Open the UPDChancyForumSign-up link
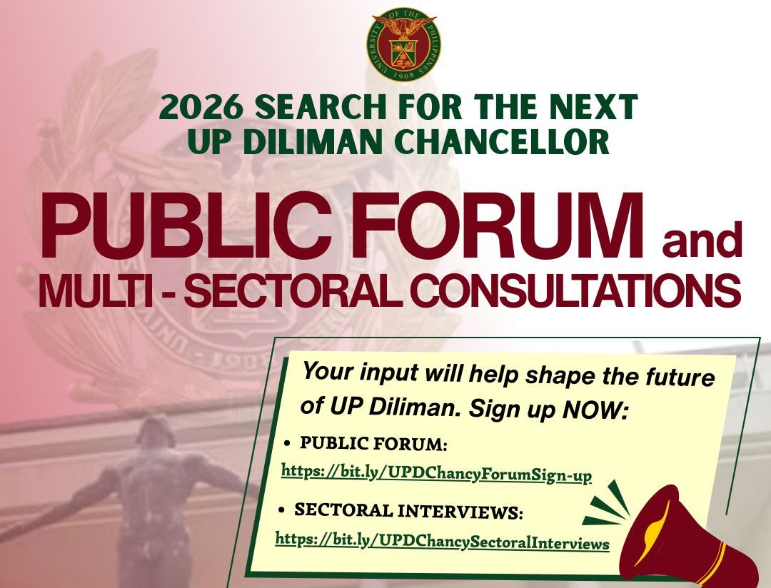pyautogui.click(x=436, y=473)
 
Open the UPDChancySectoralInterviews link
pyautogui.click(x=442, y=542)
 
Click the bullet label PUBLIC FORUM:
pyautogui.click(x=373, y=444)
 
